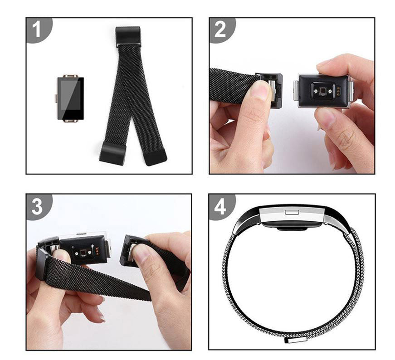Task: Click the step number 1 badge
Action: click(x=37, y=30)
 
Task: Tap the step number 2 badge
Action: click(x=220, y=30)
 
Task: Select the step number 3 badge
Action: click(x=37, y=206)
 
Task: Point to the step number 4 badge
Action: click(x=220, y=206)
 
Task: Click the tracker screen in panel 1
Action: click(x=70, y=98)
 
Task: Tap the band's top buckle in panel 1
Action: click(x=128, y=36)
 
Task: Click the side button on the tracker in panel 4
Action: click(x=292, y=211)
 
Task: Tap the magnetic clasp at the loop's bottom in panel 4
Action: click(x=296, y=338)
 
